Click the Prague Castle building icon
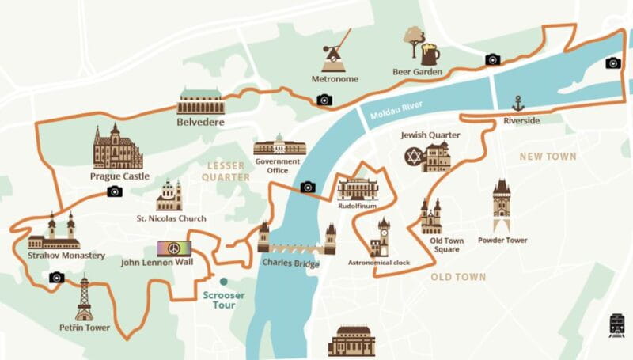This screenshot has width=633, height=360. (118, 147)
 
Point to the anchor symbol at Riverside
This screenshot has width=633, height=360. (518, 103)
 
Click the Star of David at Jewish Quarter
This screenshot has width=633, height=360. (413, 156)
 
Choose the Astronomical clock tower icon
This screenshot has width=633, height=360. (382, 237)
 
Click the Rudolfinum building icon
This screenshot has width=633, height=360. (358, 188)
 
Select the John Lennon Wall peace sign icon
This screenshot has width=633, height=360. (174, 248)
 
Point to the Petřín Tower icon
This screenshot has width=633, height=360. (84, 298)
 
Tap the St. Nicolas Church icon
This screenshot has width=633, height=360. (169, 195)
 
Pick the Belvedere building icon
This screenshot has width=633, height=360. (200, 101)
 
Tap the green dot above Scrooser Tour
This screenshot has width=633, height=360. (224, 281)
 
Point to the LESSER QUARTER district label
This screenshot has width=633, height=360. (227, 172)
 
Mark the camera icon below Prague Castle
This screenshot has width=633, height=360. (115, 191)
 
